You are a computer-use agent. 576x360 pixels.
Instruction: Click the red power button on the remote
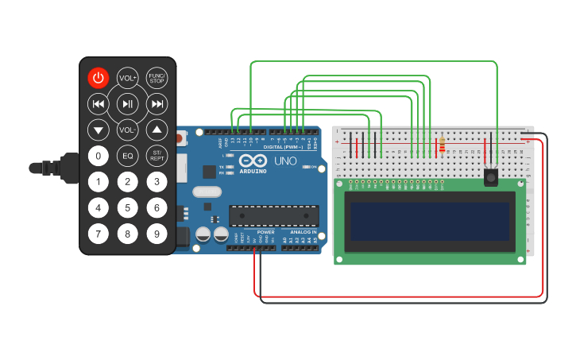coord(98,78)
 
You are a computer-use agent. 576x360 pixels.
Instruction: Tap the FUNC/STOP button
coord(157,78)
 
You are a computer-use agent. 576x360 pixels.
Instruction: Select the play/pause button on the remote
coord(127,103)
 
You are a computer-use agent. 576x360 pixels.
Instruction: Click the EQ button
coord(127,156)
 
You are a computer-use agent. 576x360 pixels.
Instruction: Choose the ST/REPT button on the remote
coord(157,156)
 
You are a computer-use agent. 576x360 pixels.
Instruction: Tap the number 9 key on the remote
coord(157,234)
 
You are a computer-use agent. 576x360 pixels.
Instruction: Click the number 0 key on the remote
coord(98,156)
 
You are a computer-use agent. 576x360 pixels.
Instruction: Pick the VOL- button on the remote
coord(127,129)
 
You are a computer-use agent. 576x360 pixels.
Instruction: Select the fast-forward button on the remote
coord(157,103)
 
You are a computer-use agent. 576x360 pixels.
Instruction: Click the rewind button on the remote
coord(98,103)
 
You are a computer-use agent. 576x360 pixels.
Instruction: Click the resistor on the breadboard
coord(442,145)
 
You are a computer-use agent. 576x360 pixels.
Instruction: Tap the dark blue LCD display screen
coord(430,221)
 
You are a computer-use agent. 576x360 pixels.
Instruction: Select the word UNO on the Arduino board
coord(285,161)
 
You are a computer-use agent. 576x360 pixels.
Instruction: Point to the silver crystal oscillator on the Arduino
coord(206,192)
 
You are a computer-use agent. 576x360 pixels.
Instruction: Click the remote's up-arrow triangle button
coord(157,130)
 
